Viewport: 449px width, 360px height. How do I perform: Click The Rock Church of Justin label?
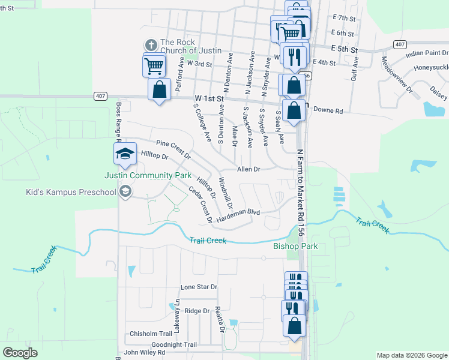(191, 46)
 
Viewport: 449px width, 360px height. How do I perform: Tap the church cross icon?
(151, 44)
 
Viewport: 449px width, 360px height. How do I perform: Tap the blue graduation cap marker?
(125, 154)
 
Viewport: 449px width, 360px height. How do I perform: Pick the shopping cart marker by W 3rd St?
(154, 65)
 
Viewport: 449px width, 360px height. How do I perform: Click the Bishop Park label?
(295, 247)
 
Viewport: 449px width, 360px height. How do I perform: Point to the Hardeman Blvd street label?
(238, 212)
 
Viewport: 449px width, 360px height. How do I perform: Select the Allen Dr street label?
(249, 169)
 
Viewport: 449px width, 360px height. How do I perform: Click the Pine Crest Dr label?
(173, 149)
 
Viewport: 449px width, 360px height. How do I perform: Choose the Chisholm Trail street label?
(151, 334)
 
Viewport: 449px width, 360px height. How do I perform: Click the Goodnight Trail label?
(174, 345)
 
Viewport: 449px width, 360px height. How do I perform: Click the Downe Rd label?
(328, 111)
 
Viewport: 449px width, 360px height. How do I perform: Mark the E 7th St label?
(344, 19)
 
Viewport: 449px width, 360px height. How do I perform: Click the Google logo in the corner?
(20, 353)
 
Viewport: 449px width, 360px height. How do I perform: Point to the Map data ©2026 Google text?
(411, 355)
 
